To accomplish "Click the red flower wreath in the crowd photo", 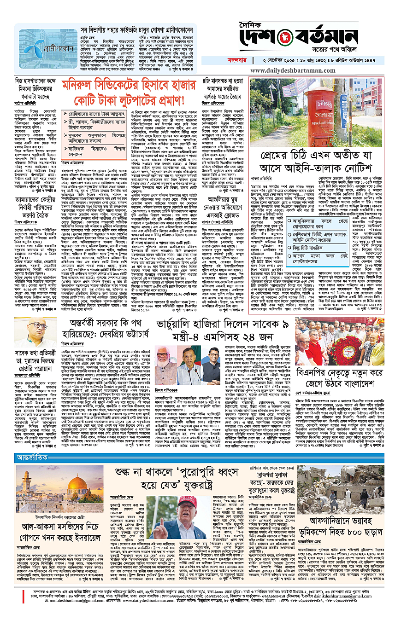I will click(354, 346).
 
